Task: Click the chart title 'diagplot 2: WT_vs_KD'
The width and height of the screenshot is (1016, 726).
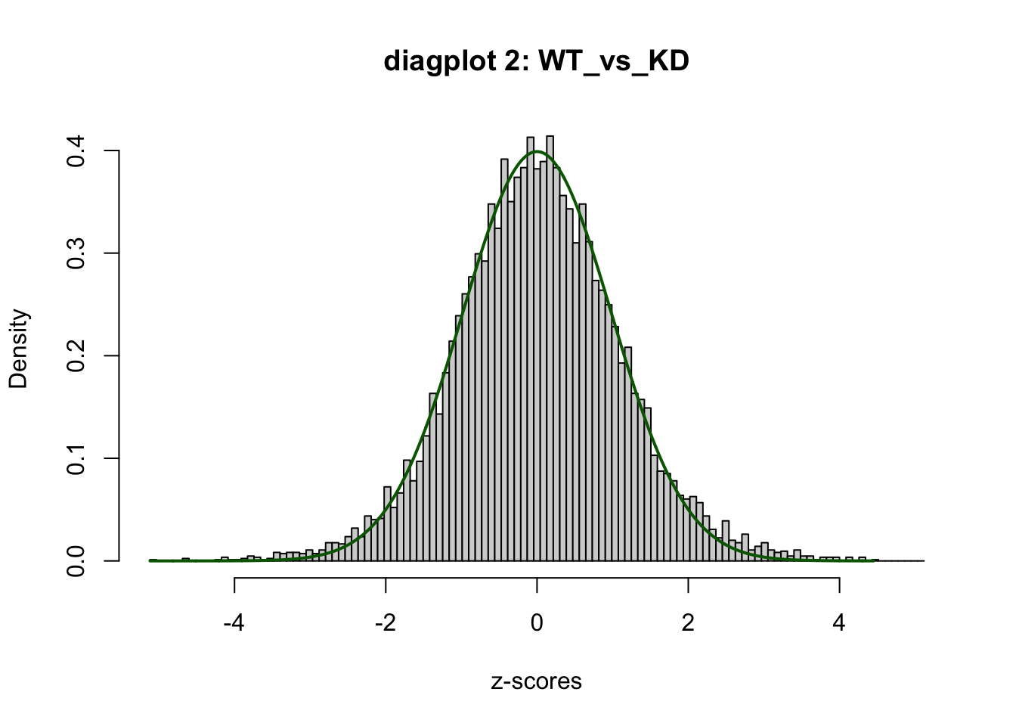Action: tap(536, 60)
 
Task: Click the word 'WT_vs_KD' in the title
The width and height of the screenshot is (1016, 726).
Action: tap(613, 61)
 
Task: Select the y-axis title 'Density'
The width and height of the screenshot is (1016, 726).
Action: tap(18, 349)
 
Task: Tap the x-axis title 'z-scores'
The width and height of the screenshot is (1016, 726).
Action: tap(536, 681)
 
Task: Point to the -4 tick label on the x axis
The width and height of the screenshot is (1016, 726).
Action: tap(234, 623)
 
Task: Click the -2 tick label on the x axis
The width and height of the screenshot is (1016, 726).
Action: tap(386, 623)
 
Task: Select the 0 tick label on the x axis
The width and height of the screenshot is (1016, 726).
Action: tap(537, 623)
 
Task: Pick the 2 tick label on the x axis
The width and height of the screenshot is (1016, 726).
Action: tap(688, 623)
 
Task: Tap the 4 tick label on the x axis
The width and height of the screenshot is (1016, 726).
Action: tap(839, 623)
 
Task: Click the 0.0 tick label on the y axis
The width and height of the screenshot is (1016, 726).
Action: tap(76, 561)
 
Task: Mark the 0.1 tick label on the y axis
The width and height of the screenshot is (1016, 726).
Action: tap(76, 458)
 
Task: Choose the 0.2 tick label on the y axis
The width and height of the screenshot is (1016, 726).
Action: tap(76, 355)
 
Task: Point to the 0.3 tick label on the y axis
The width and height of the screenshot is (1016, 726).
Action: tap(76, 253)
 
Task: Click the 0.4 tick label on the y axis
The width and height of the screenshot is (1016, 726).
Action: tap(76, 151)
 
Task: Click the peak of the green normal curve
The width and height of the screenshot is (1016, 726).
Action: tap(537, 151)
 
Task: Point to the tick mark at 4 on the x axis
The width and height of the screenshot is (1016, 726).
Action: tap(839, 585)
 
